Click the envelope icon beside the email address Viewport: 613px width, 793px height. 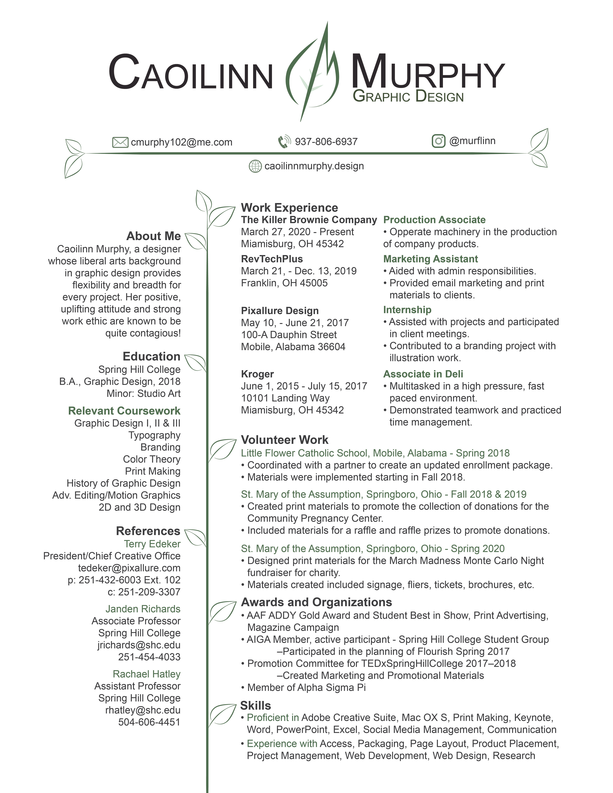[120, 142]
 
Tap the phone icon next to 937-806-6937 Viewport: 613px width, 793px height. [284, 142]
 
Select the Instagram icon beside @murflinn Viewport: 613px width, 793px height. [438, 141]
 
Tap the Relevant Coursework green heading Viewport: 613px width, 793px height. [124, 411]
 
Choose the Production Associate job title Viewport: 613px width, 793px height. [434, 220]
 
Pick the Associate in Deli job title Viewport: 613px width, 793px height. [423, 374]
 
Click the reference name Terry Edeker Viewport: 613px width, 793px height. [152, 544]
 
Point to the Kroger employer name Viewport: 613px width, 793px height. [257, 374]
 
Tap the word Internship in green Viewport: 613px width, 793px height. [407, 310]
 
